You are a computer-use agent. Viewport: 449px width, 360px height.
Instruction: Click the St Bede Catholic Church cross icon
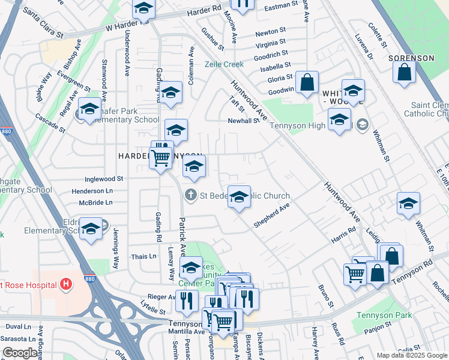coord(191,195)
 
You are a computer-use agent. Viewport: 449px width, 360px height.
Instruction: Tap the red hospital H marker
coord(66,283)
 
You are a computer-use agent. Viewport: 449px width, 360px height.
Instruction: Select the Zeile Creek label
coord(223,64)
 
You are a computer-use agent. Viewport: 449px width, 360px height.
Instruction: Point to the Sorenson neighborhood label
coord(411,58)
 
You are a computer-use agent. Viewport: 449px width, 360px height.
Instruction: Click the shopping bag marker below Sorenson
coord(405,73)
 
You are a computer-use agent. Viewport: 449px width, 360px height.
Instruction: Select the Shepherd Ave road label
coord(271,215)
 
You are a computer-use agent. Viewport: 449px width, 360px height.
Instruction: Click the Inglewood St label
coord(104,178)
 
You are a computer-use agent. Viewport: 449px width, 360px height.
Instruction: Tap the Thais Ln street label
coord(144,256)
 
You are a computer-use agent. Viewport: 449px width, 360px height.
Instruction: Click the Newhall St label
coord(243,120)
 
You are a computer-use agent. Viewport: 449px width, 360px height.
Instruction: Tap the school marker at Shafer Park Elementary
coord(89,109)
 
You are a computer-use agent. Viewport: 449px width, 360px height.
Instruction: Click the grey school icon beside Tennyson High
coord(362,125)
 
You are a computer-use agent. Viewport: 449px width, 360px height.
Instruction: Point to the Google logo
coord(20,353)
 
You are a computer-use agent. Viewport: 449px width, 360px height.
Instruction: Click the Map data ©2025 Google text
coord(411,355)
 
